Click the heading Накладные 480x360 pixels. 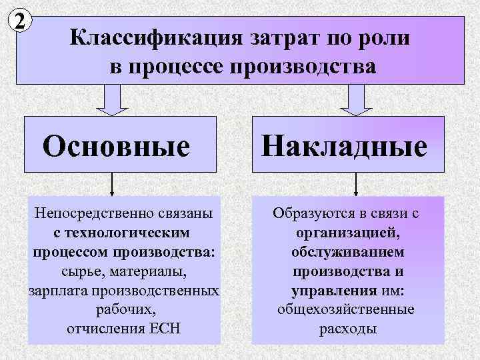coord(345,145)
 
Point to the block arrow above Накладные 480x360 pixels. coord(357,101)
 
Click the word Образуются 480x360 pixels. coord(309,214)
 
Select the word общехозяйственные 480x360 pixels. coord(346,310)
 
